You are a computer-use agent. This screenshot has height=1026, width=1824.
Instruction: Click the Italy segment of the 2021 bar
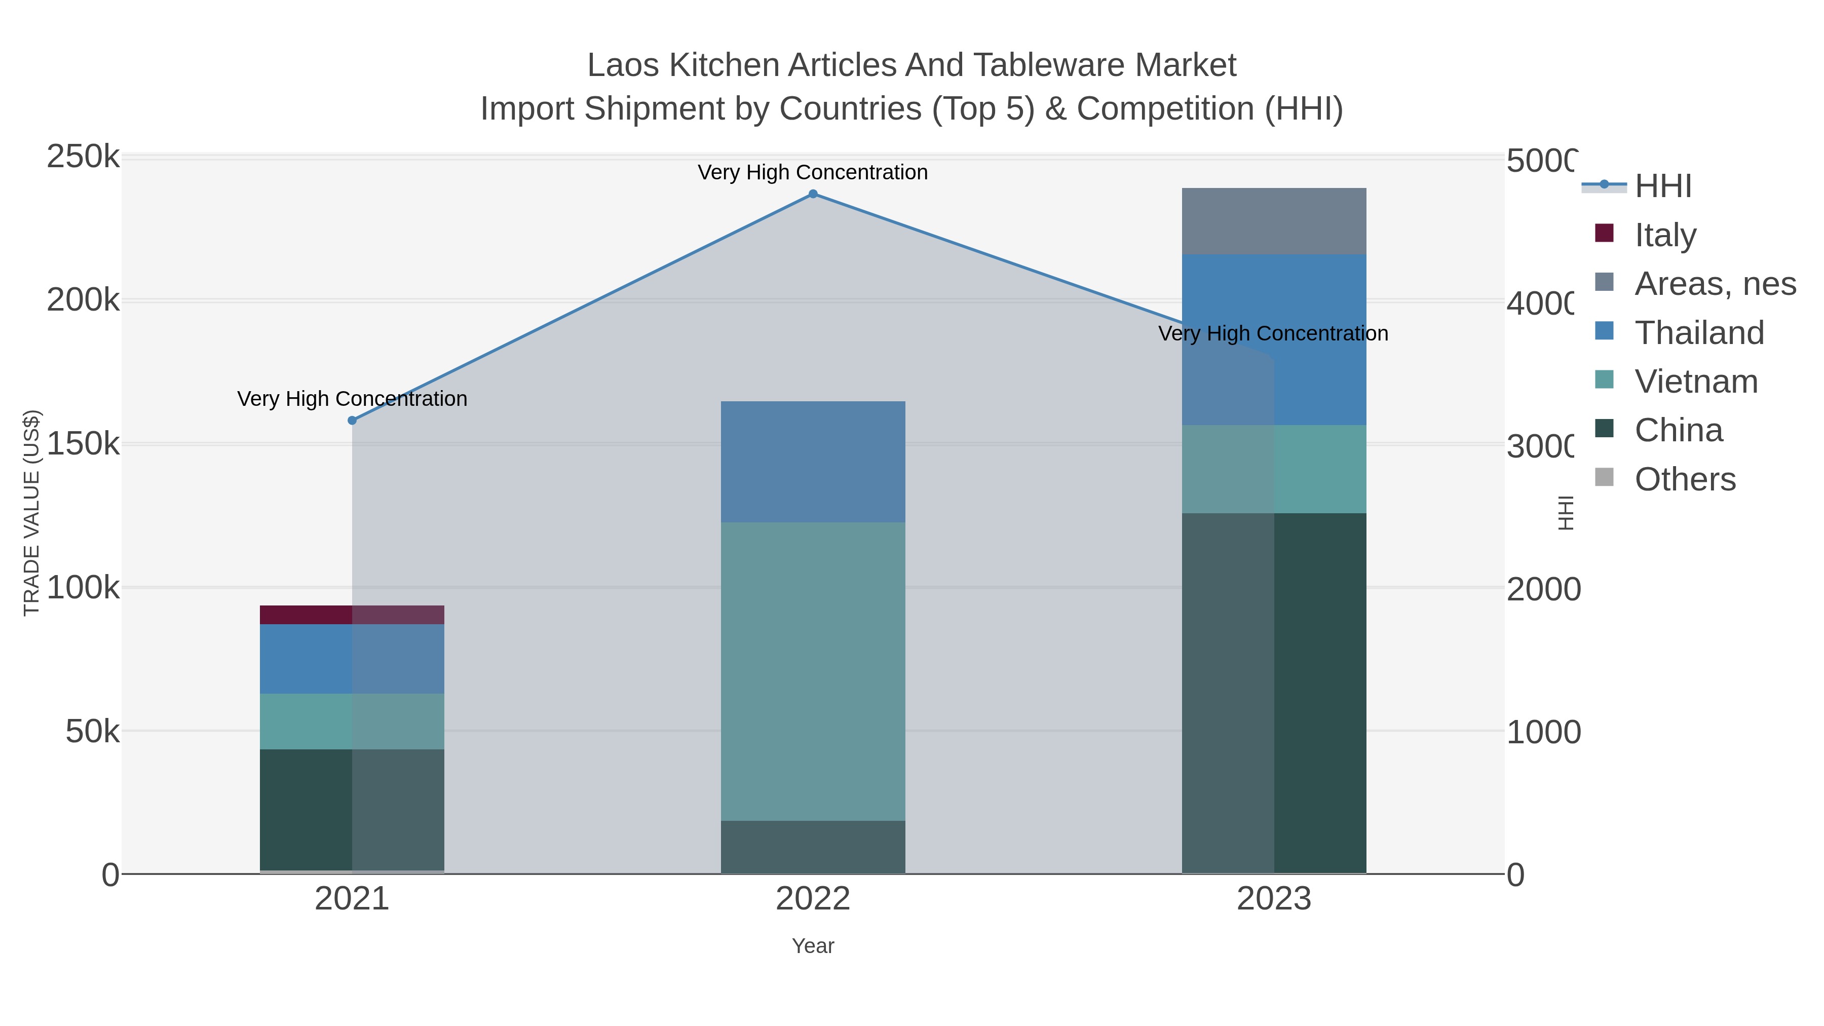point(352,615)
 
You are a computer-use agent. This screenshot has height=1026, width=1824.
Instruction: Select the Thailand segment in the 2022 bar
point(813,462)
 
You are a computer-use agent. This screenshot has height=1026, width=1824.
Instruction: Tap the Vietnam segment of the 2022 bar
point(813,671)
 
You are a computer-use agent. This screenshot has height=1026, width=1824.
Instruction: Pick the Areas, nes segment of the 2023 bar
point(1274,221)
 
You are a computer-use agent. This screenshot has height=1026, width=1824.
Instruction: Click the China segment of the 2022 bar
point(813,847)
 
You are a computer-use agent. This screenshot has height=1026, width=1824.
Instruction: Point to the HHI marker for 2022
point(813,194)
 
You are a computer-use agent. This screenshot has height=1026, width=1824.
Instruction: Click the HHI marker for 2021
point(352,421)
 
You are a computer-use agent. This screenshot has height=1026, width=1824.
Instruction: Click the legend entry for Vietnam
point(1696,381)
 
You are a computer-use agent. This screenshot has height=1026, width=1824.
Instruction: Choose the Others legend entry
point(1685,479)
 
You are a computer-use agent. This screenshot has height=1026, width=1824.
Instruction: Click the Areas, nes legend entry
point(1714,283)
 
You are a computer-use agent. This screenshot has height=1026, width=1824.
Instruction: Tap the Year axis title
point(813,946)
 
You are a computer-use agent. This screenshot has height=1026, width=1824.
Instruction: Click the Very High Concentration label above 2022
point(813,172)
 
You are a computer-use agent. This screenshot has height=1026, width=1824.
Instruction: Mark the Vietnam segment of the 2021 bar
point(352,721)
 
